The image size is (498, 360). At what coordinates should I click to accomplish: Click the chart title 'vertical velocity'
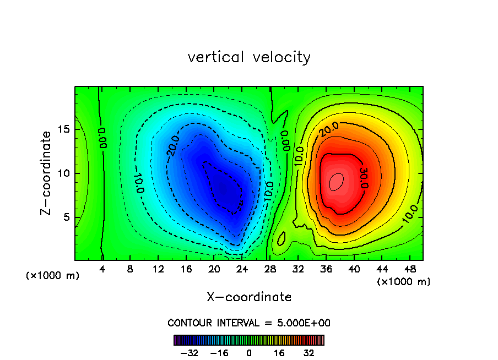tap(249, 57)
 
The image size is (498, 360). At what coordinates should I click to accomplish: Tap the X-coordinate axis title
tap(249, 297)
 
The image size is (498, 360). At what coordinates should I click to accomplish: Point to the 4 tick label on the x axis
tap(102, 269)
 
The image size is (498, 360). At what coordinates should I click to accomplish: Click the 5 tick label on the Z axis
tap(66, 217)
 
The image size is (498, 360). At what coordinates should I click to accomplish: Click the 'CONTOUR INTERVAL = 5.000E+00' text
tap(249, 323)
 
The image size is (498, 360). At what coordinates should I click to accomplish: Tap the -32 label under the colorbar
tap(189, 353)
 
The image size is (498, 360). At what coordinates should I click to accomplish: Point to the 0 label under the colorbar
tap(249, 353)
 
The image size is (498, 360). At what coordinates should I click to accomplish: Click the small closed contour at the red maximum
tap(337, 181)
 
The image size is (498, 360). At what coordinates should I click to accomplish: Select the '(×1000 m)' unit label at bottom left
tap(53, 276)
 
